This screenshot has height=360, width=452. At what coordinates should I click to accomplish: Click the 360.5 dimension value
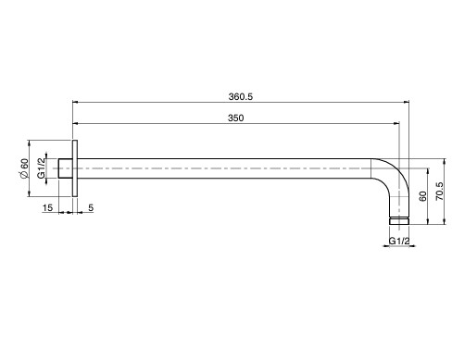(x=241, y=97)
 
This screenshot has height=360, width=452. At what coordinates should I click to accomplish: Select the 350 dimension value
(x=235, y=118)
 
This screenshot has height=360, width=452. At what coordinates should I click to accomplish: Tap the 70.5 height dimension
(x=439, y=192)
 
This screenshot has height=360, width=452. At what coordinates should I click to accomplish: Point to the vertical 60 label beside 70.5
(x=422, y=196)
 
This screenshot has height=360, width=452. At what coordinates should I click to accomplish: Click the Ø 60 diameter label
(x=24, y=168)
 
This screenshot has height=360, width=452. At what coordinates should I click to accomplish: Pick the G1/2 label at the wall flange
(x=41, y=168)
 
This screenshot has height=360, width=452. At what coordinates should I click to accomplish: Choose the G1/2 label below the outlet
(x=399, y=241)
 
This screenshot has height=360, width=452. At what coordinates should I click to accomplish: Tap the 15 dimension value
(x=47, y=208)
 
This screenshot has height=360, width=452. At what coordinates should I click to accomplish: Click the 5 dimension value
(x=91, y=208)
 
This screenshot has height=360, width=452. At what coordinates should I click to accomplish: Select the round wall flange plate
(x=75, y=168)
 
